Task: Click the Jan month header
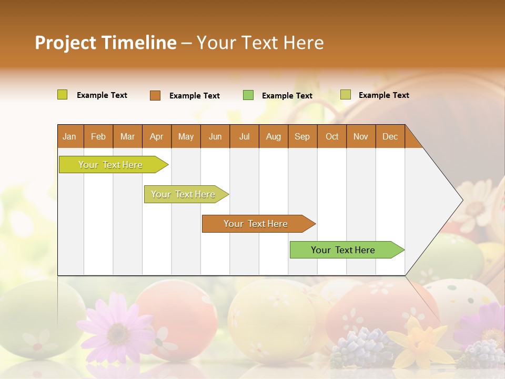[69, 136]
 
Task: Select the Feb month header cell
[98, 136]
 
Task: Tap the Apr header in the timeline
[156, 136]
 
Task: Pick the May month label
[186, 136]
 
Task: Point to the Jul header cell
[244, 136]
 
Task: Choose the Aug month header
[273, 136]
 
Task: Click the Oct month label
[332, 136]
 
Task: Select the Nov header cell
[361, 136]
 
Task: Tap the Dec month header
[390, 136]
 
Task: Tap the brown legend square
[155, 95]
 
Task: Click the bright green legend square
[248, 95]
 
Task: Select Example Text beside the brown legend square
[195, 96]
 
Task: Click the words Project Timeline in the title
[106, 43]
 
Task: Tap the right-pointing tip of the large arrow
[460, 200]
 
